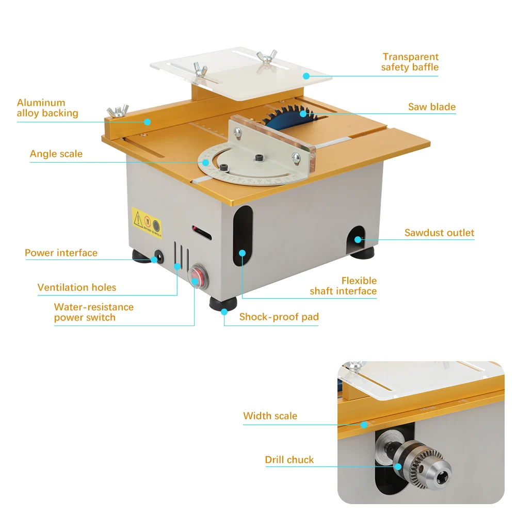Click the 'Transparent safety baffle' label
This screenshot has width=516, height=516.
click(410, 62)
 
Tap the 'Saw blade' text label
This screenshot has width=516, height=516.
click(432, 107)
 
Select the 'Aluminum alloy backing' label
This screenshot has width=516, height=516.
click(47, 108)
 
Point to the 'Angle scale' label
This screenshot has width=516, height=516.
click(56, 154)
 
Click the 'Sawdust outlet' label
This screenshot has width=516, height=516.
click(439, 233)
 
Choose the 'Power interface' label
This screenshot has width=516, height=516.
click(61, 253)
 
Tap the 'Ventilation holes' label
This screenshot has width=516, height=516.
click(77, 287)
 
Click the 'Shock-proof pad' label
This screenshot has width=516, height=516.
click(279, 317)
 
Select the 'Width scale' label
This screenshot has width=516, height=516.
click(270, 416)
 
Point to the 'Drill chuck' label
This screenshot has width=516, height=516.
click(289, 460)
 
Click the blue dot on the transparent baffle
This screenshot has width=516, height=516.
click(306, 76)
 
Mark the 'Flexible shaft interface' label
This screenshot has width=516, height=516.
click(343, 286)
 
